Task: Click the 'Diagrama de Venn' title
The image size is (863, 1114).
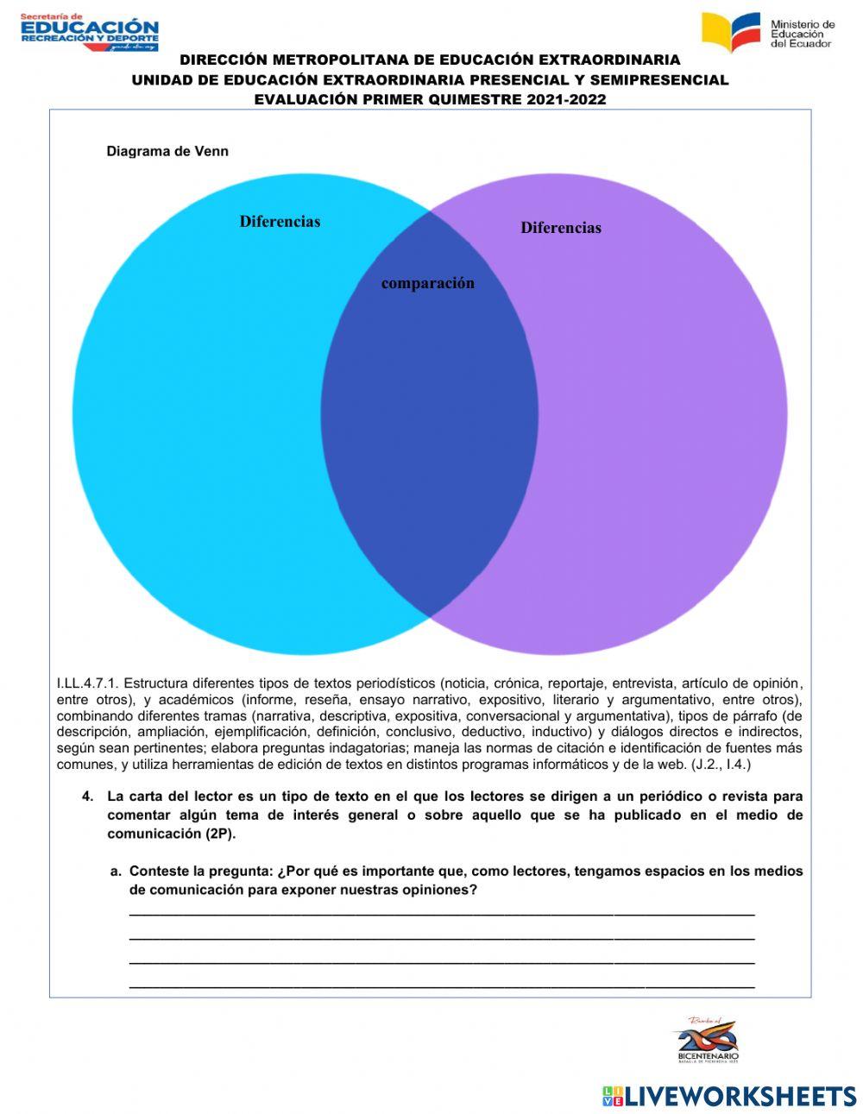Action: coord(167,151)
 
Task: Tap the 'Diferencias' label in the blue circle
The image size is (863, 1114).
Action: coord(280,222)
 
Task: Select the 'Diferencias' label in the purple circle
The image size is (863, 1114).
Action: coord(561,228)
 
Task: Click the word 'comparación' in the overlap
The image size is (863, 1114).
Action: coord(428,283)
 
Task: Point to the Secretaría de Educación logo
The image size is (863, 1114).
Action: coord(90,32)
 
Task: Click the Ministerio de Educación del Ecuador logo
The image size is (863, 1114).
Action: coord(767,33)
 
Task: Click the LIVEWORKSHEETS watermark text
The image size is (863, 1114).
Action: coord(740,1096)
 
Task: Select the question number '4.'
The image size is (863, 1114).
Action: coord(88,796)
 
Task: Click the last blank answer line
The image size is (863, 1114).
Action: coord(441,985)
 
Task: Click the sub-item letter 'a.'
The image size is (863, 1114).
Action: coord(117,872)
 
